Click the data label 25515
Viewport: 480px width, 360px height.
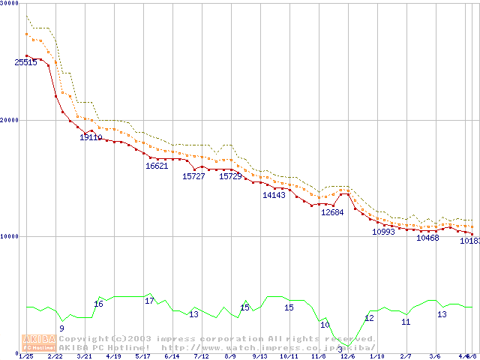(x=25, y=63)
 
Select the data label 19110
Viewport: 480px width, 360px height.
(x=91, y=137)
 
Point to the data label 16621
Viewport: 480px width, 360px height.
(x=157, y=166)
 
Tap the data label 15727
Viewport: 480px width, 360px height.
(x=193, y=176)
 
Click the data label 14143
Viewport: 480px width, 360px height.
(x=274, y=195)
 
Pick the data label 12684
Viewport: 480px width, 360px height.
(x=332, y=212)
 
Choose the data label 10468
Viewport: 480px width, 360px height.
(x=427, y=238)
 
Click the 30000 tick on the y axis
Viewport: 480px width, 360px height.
(x=9, y=4)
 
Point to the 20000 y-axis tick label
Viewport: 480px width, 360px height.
(x=9, y=120)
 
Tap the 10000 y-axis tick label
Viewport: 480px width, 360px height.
(x=9, y=236)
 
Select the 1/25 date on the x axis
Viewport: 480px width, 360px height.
(x=26, y=356)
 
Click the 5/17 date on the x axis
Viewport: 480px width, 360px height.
(x=142, y=356)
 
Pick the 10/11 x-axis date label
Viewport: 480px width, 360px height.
(x=289, y=356)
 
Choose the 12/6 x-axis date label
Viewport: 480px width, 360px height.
(x=347, y=356)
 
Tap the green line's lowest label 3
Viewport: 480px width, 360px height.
(x=340, y=349)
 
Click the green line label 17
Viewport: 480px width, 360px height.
(x=149, y=301)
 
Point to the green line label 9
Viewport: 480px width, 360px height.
(x=61, y=328)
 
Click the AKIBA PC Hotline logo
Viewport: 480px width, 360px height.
(x=38, y=343)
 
